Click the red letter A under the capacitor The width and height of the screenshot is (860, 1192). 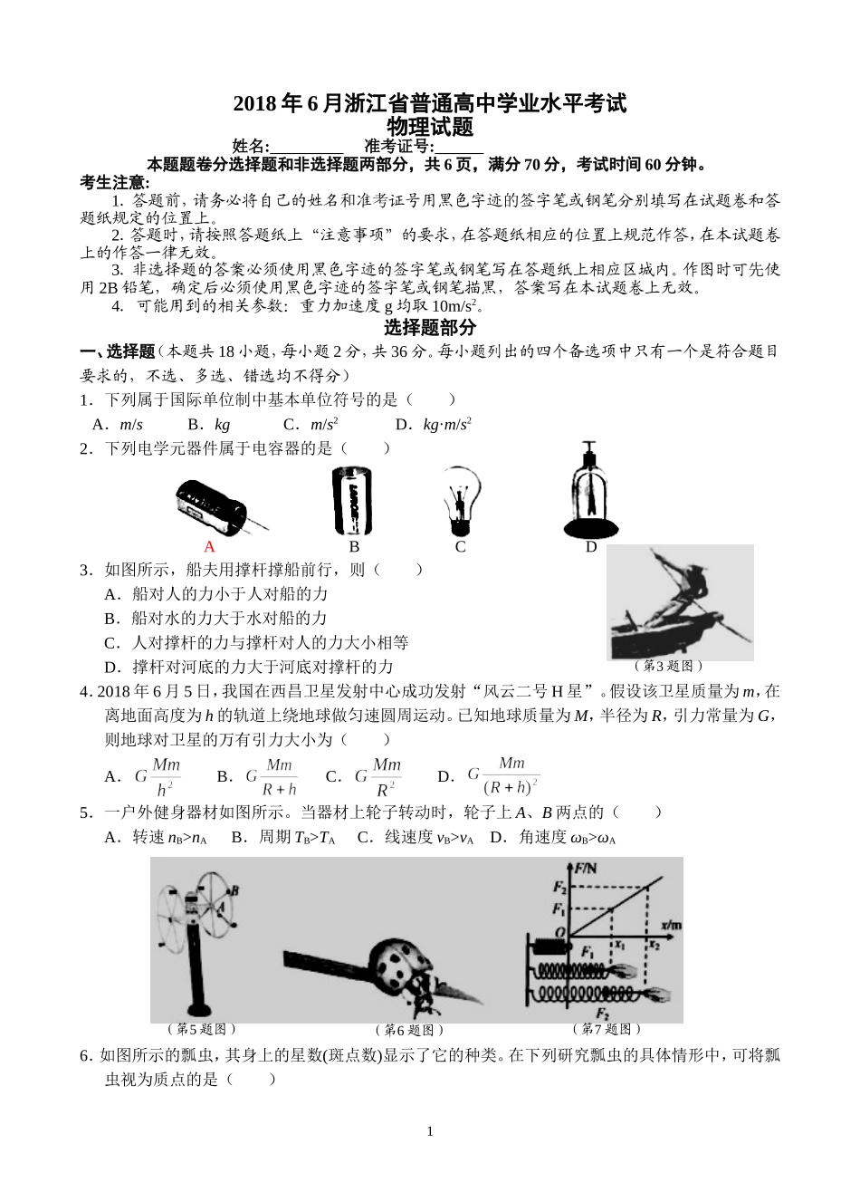point(209,546)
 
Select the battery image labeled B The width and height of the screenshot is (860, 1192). point(352,500)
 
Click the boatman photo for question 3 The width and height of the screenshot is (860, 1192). point(679,602)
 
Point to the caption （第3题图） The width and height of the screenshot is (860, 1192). point(671,666)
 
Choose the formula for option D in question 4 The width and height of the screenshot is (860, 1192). point(503,775)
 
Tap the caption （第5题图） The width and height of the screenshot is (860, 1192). point(202,1029)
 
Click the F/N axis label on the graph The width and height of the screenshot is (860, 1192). point(586,868)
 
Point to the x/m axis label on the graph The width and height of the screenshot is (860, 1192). point(671,925)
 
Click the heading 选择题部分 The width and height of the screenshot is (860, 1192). point(430,327)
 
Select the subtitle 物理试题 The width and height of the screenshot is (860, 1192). point(430,126)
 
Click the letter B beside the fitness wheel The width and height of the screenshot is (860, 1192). point(234,889)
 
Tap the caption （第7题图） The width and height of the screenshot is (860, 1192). point(607,1029)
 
